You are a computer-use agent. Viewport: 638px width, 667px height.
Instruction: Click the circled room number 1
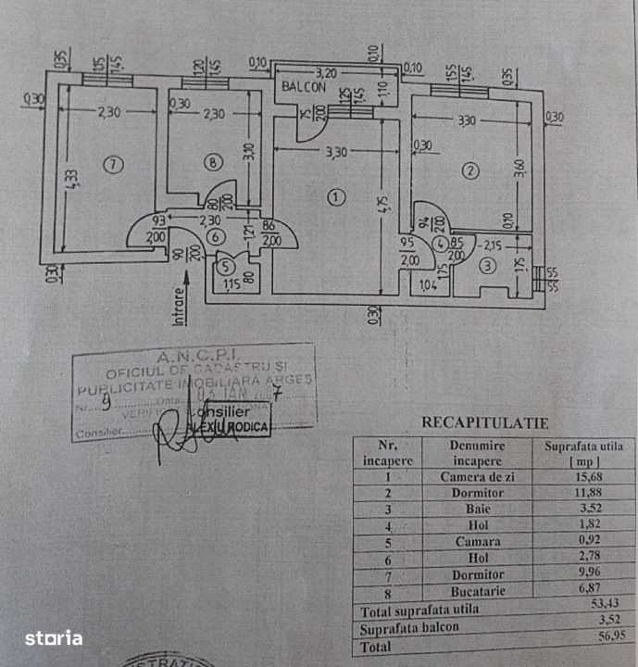tap(335, 196)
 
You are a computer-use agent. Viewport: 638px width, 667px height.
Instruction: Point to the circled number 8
tap(214, 164)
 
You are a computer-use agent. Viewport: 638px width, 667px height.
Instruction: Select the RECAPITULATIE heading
tap(484, 422)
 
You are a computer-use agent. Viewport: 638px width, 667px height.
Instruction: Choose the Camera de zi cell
tap(476, 477)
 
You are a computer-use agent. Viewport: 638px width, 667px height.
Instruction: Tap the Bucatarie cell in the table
tap(477, 590)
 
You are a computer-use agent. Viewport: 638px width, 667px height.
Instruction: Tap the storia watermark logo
tap(53, 637)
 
